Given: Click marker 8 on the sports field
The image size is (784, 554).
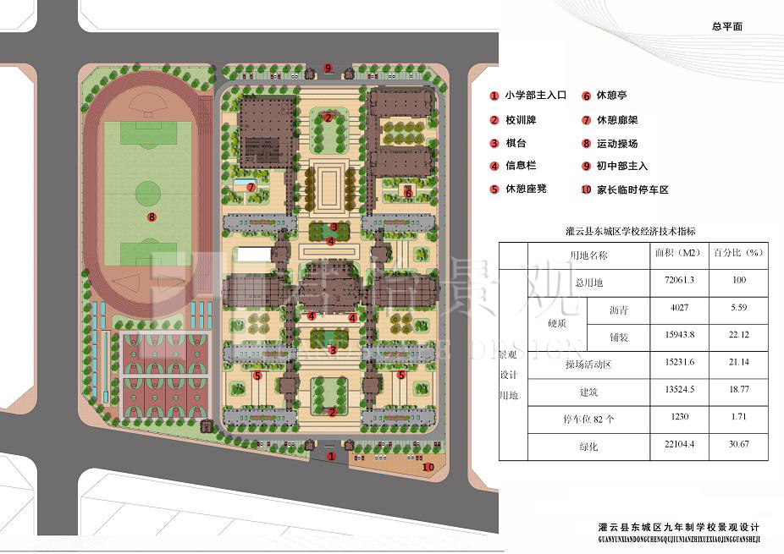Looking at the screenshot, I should coord(151,217).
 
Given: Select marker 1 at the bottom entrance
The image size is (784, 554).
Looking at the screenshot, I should coord(331,456).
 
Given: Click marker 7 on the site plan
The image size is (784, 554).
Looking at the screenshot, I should coord(251,186).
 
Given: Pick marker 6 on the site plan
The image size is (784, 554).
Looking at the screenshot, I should coord(408,193).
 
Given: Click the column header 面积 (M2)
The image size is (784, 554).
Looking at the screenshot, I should coord(677,253).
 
